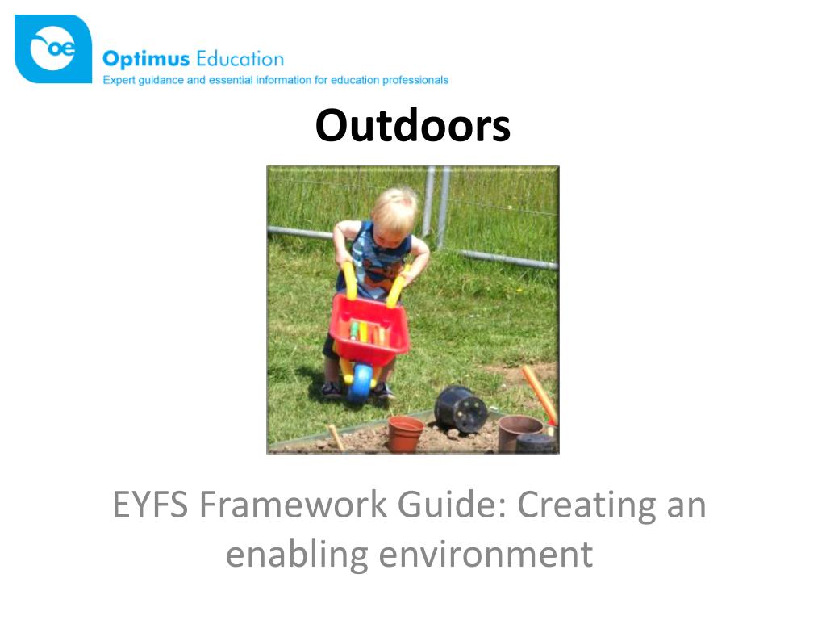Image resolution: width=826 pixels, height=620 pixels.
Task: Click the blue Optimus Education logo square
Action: coord(53,49)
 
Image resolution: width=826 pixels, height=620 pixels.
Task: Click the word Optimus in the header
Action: coord(146,59)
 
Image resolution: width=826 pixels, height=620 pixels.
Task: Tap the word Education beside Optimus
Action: coord(240,58)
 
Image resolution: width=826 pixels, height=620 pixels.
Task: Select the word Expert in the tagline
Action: coord(118,81)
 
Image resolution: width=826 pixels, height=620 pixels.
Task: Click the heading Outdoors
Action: coord(412,125)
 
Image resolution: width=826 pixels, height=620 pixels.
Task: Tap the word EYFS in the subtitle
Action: coord(151,505)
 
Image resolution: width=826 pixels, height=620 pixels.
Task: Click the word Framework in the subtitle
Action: coord(294,505)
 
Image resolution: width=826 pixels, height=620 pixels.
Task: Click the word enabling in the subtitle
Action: coord(297,555)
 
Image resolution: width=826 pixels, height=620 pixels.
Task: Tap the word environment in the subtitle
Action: coord(486,555)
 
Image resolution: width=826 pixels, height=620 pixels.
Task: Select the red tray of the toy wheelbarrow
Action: coord(369,330)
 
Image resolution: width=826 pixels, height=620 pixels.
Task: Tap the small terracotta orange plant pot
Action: coord(405,434)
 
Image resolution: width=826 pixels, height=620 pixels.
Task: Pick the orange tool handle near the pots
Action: coord(540,394)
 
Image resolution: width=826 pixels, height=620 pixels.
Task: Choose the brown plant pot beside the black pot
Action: coord(519,433)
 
